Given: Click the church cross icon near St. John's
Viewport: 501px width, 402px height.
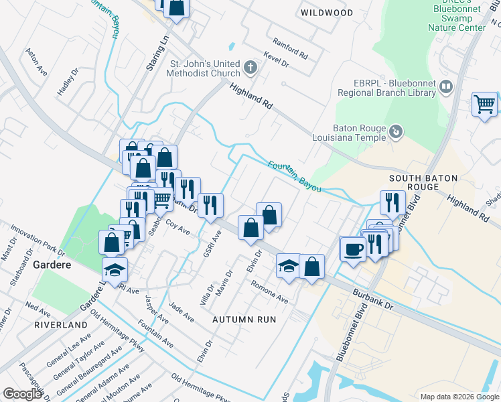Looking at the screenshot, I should tap(250, 67).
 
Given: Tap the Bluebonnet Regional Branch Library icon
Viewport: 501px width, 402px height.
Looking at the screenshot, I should tap(446, 86).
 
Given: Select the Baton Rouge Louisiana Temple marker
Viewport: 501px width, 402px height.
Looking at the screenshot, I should tap(396, 132).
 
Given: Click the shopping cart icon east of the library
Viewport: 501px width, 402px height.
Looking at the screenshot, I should tap(484, 105).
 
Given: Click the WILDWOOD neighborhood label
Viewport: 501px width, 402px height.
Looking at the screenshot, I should tap(327, 13).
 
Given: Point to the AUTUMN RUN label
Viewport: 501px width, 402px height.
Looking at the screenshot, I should tap(244, 320).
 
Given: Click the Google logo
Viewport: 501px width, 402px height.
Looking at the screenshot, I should tap(22, 394).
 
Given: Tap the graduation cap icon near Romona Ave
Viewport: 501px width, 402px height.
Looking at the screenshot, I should tap(289, 265).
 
